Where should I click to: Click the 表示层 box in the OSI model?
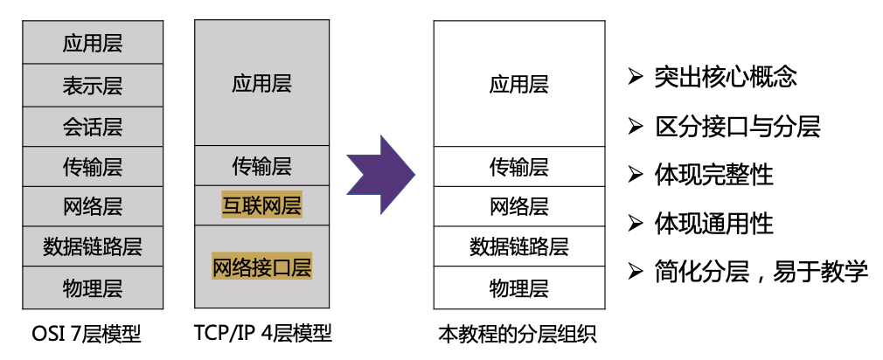coord(93,86)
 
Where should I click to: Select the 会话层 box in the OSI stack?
coord(93,127)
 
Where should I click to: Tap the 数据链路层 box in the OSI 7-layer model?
coord(93,246)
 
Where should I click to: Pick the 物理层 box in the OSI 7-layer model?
coord(93,287)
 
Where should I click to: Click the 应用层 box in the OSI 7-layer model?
coord(93,43)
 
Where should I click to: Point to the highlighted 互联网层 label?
coord(261,206)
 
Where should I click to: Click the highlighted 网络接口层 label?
coord(261,265)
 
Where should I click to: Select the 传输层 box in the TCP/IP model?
coord(261,165)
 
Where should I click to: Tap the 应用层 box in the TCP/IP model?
coord(261,84)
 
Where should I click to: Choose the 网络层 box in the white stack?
coord(518,207)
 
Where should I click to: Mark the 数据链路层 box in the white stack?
coord(518,246)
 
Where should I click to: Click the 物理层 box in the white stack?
coord(518,287)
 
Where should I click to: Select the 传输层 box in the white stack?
coord(518,166)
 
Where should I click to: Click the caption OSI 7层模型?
coord(86,334)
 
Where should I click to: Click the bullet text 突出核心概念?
coord(725,77)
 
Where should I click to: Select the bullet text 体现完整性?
coord(713,174)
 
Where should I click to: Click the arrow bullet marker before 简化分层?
coord(636,272)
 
